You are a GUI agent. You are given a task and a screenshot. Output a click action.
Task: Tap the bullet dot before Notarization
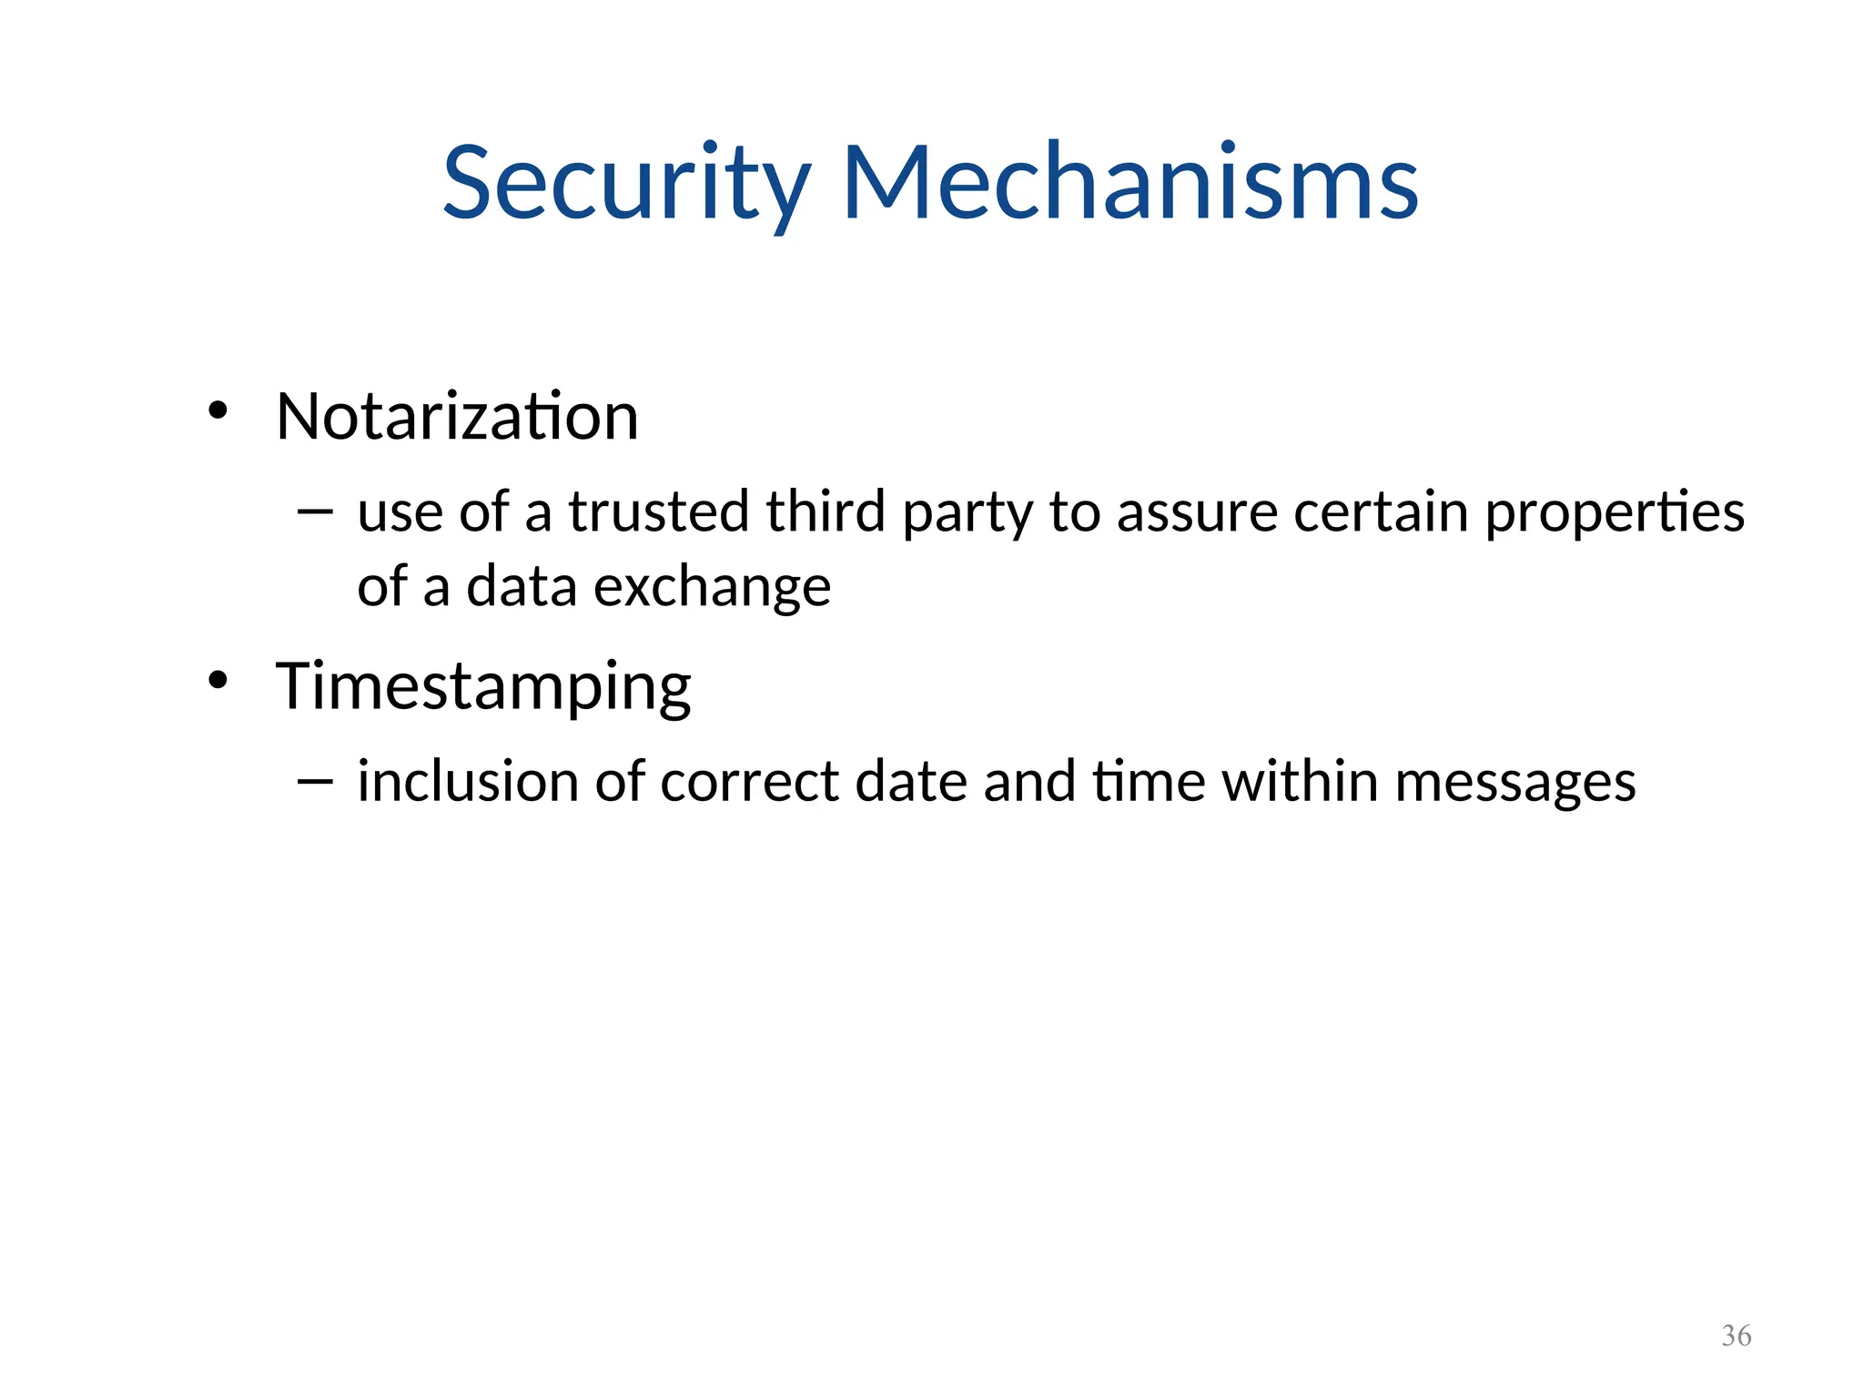coord(217,410)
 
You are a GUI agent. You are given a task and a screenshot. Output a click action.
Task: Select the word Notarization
coord(457,417)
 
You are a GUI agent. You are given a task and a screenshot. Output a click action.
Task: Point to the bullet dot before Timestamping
coord(217,680)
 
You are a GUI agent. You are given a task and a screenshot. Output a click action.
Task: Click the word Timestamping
coord(483,686)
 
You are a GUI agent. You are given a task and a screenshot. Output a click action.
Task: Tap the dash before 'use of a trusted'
coord(315,512)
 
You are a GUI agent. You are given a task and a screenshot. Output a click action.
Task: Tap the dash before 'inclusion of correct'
coord(315,781)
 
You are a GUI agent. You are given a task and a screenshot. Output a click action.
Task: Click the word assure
coord(1197,513)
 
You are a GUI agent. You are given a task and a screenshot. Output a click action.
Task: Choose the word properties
coord(1615,513)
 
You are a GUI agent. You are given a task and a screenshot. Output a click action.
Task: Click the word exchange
coord(712,587)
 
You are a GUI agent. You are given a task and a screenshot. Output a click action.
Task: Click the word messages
coord(1514,783)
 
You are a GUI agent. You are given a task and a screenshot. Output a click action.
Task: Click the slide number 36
coord(1736,1336)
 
